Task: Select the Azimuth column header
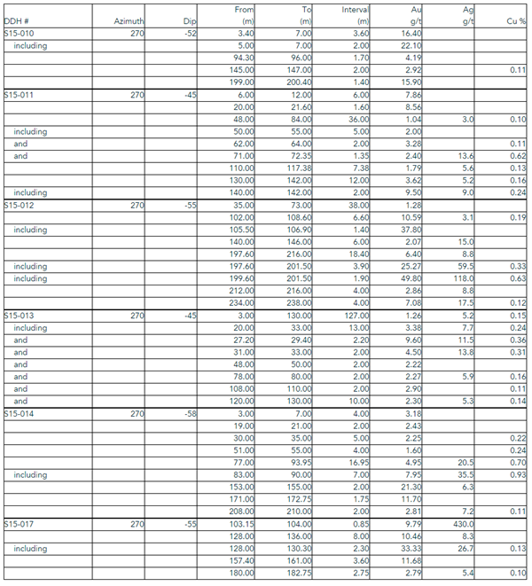coord(129,20)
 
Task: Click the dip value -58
coord(188,414)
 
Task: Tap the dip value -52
coord(188,32)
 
